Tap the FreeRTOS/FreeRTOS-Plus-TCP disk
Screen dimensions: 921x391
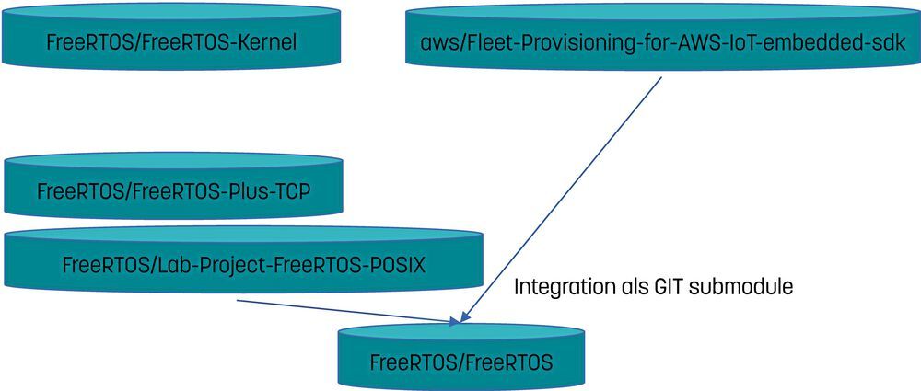[x=173, y=186]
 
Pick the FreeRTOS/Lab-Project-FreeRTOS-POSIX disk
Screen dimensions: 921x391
[x=243, y=259]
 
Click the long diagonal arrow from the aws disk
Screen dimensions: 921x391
[x=562, y=200]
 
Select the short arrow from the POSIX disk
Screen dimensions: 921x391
[x=349, y=312]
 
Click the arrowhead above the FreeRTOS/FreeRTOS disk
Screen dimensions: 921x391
[x=457, y=319]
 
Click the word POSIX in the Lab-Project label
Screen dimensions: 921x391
[x=396, y=265]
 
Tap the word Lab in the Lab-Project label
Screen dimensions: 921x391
[x=173, y=265]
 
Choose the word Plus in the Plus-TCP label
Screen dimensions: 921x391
[x=243, y=192]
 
